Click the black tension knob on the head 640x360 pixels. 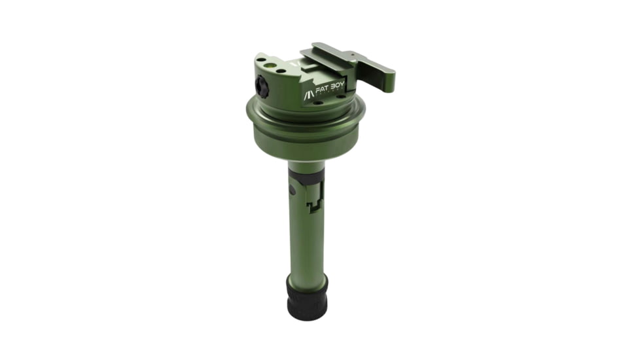[x=262, y=86]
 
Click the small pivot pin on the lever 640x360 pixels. [x=353, y=54]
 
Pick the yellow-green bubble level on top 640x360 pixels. [x=270, y=65]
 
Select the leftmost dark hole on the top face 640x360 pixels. [x=260, y=60]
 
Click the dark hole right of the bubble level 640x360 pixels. [x=281, y=71]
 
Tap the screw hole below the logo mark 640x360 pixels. [x=317, y=103]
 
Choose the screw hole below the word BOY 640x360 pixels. [x=340, y=96]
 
